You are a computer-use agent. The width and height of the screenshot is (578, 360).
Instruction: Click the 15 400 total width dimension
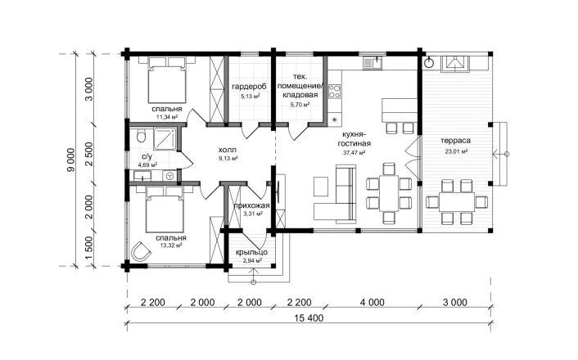309,318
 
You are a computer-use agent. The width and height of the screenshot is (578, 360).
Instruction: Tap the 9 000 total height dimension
70,160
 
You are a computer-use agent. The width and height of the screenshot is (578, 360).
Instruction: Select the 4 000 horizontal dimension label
372,303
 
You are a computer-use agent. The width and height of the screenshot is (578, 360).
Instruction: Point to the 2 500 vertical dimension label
89,154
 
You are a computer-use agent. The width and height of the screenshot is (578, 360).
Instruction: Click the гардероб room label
249,87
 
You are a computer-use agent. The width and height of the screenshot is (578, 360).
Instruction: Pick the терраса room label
456,141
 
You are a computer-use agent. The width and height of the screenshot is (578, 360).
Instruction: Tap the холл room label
227,150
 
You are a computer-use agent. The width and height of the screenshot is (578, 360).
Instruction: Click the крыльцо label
252,253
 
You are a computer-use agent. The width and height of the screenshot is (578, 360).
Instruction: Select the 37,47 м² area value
354,152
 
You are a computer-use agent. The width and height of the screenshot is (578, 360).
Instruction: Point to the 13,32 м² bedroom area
170,245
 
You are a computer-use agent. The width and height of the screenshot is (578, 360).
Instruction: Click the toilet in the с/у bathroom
141,136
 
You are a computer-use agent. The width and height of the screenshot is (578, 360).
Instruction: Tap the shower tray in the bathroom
165,138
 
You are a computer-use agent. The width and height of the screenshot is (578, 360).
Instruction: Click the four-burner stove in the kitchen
335,91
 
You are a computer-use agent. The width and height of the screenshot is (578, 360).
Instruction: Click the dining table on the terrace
457,202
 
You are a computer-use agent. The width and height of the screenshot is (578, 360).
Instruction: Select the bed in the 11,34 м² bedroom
167,80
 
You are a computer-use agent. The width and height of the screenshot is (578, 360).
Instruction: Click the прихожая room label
252,205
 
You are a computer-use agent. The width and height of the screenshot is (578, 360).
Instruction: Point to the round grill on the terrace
430,63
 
